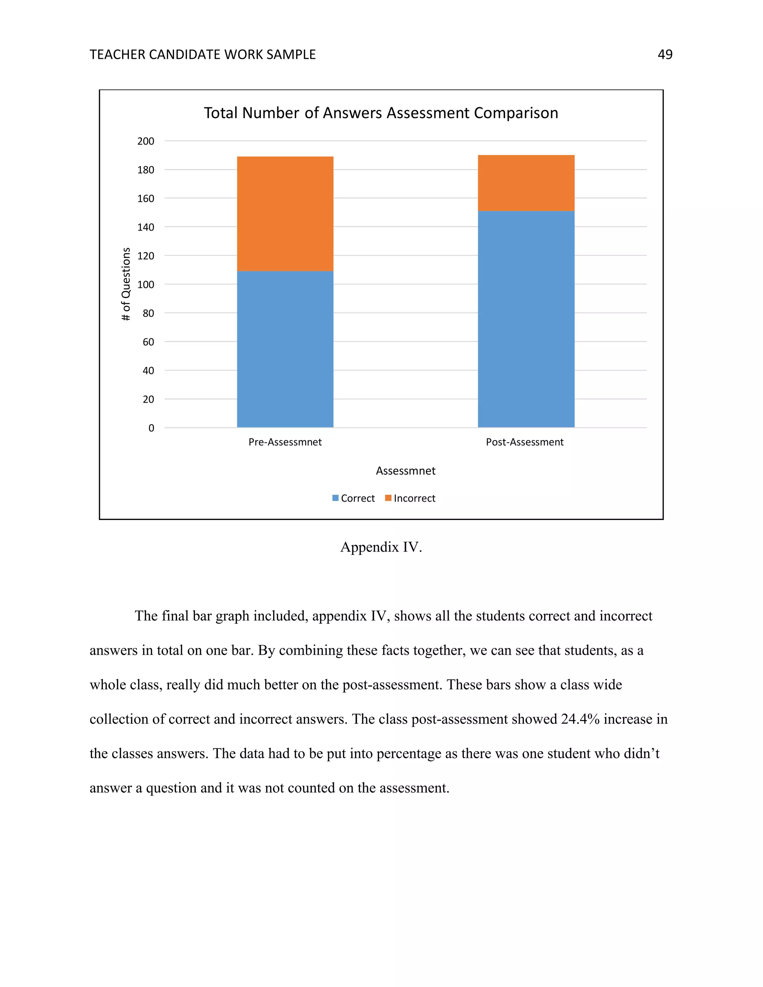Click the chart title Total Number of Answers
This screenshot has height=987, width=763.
[x=381, y=113]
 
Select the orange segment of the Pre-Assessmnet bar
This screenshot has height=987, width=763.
[x=285, y=214]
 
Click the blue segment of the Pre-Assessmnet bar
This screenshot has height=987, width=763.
[x=285, y=349]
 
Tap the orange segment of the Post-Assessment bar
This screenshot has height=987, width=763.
[x=526, y=183]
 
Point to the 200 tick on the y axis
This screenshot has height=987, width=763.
[x=146, y=142]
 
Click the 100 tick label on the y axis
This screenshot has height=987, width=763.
[x=146, y=285]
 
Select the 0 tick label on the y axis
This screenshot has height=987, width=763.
[x=151, y=428]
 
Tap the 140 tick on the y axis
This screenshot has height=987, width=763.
[x=146, y=227]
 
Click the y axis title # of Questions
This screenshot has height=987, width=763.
[x=126, y=284]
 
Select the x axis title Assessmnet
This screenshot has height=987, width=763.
[x=405, y=471]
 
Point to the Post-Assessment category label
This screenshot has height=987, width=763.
[x=524, y=442]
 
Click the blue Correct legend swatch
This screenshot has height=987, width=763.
[x=335, y=498]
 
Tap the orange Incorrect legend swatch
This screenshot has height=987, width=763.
[x=388, y=498]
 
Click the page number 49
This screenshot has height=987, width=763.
[x=665, y=55]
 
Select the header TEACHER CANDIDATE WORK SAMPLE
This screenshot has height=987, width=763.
[x=203, y=55]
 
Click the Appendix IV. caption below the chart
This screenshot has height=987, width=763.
[x=381, y=547]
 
